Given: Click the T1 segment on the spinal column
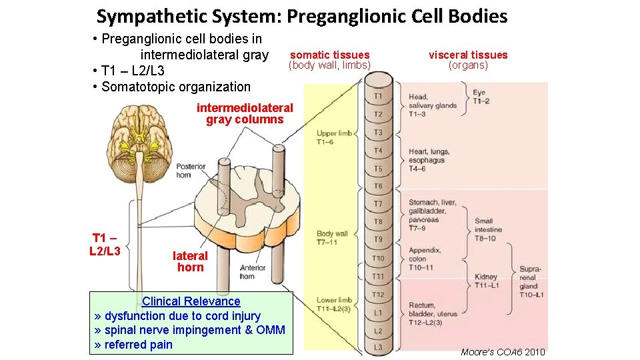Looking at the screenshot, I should [x=378, y=97].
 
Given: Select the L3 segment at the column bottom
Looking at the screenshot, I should [x=378, y=347].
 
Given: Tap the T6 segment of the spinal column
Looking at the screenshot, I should [x=378, y=186].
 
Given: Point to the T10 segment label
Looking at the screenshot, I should [x=378, y=258].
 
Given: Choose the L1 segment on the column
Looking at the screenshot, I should [x=378, y=312].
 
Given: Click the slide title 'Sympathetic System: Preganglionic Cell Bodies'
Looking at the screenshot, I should [x=301, y=16].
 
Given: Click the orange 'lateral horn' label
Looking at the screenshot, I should [x=190, y=261].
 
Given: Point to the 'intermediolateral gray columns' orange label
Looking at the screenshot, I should [x=245, y=114].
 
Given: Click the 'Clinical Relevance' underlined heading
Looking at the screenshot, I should [x=191, y=301].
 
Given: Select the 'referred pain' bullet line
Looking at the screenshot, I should [x=134, y=345].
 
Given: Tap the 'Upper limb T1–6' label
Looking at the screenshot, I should [x=334, y=137].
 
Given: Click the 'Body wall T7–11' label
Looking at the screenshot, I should [x=332, y=237].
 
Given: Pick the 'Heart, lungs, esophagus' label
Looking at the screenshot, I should [x=429, y=160].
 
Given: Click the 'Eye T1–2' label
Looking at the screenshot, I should [x=481, y=97].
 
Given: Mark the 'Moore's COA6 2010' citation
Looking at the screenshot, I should [x=503, y=351].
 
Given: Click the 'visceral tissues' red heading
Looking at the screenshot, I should [x=468, y=55].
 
